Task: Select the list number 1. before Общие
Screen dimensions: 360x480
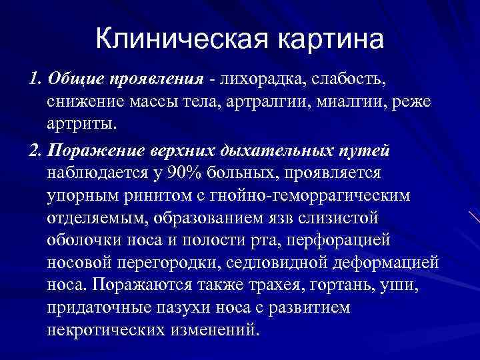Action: click(36, 81)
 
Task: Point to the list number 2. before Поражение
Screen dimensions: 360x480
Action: click(36, 151)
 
